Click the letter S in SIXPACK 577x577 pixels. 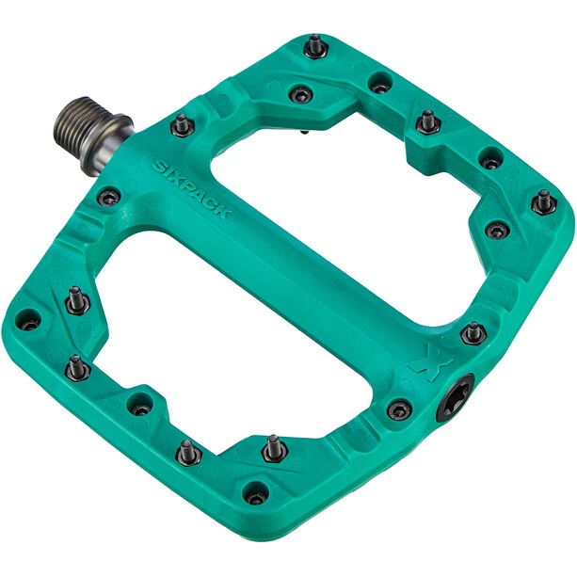(x=161, y=167)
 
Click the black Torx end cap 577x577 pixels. (x=455, y=398)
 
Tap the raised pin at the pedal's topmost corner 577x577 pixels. (x=315, y=46)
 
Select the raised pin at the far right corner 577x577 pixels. (x=544, y=201)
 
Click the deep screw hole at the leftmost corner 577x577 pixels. (x=28, y=320)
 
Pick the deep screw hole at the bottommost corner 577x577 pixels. (x=257, y=493)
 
